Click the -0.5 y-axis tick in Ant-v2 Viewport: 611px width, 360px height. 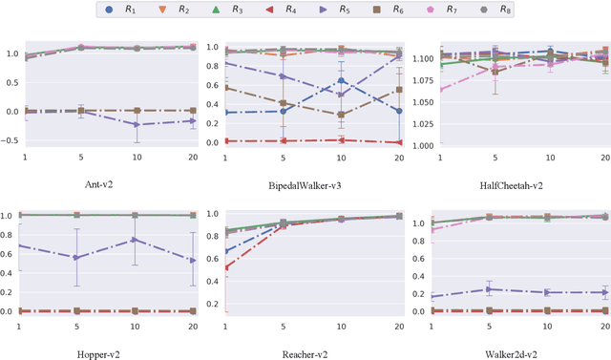point(11,140)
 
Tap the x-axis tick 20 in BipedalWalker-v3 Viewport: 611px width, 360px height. point(398,157)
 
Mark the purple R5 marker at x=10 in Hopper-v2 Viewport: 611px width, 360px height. point(135,240)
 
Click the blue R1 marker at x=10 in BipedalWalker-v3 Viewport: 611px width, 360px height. point(342,80)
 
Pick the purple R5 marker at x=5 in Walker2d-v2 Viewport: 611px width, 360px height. point(490,288)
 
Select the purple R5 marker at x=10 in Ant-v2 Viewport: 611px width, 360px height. point(135,124)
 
